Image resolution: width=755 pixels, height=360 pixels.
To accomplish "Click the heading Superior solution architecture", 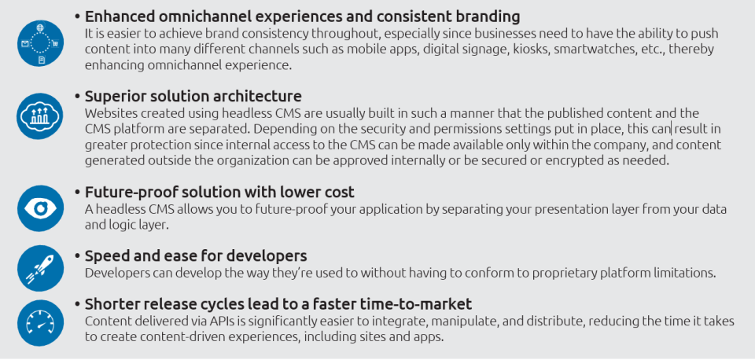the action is pos(193,96).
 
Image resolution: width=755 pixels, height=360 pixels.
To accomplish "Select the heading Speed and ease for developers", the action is pos(196,255).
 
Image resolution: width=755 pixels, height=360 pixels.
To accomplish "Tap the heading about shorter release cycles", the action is pos(278,304).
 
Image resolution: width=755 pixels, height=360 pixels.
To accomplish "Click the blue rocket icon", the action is pos(40,268).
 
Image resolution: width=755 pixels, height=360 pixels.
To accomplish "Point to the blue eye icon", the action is pos(40,208).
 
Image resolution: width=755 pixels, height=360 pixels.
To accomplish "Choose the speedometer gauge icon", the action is pos(40,323).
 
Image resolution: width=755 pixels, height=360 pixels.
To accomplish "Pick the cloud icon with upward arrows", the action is pos(40,116).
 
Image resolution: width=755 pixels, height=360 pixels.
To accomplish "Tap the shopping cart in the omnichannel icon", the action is pos(55,43).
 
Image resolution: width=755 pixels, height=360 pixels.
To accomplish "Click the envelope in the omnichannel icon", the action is pos(25,44).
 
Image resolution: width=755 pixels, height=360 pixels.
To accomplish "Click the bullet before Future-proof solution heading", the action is pos(78,193).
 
